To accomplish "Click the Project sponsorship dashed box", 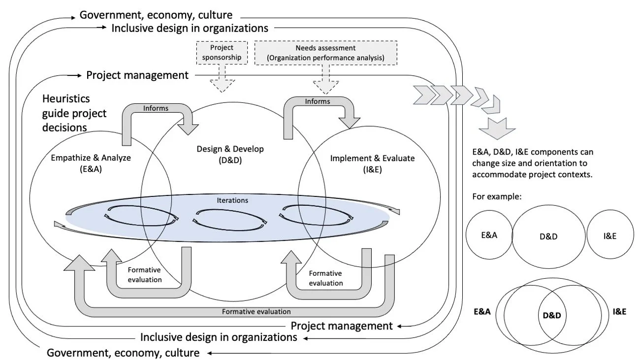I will click(x=222, y=53).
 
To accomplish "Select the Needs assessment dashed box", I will click(x=320, y=53).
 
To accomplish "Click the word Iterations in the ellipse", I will click(x=232, y=200).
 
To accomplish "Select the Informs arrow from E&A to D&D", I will click(x=156, y=108).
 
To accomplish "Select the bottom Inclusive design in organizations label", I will click(x=219, y=337).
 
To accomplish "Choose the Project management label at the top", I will click(x=137, y=75).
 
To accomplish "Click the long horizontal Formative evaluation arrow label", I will click(x=256, y=311).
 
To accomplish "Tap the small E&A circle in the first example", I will click(x=489, y=235).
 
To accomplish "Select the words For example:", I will click(x=496, y=196).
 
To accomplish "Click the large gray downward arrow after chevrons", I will click(x=497, y=128).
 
